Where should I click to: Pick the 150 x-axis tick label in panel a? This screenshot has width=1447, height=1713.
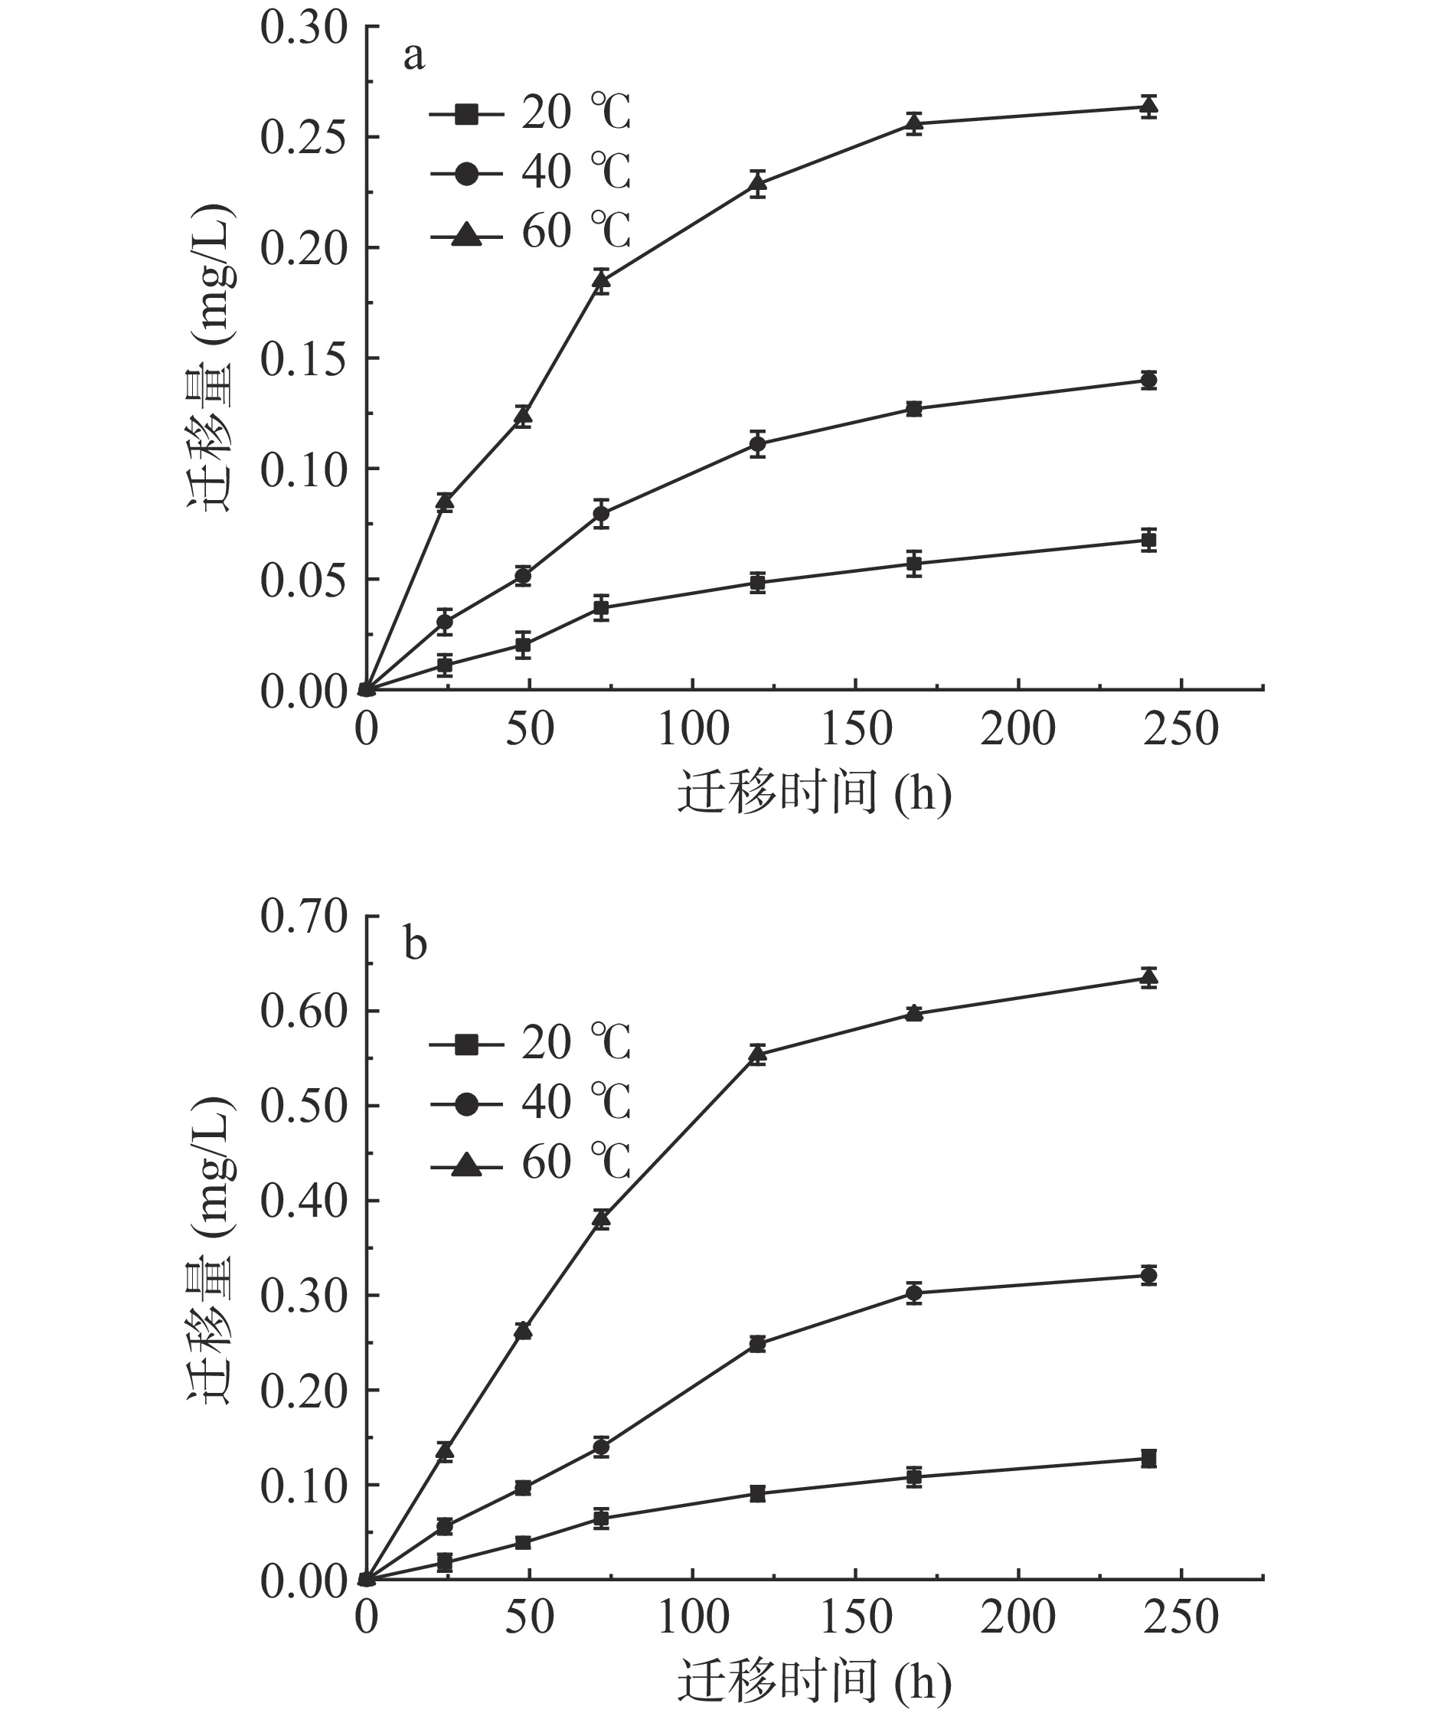(856, 729)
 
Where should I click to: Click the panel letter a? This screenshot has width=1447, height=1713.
(414, 57)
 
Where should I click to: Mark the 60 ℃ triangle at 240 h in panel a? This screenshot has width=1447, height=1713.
(1148, 106)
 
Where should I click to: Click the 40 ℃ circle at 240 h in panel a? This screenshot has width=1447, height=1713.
(1148, 380)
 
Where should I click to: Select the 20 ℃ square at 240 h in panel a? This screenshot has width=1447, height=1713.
(1148, 540)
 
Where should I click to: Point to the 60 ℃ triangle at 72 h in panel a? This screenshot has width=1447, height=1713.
(601, 281)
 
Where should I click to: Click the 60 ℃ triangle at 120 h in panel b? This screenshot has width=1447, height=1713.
(757, 1054)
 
